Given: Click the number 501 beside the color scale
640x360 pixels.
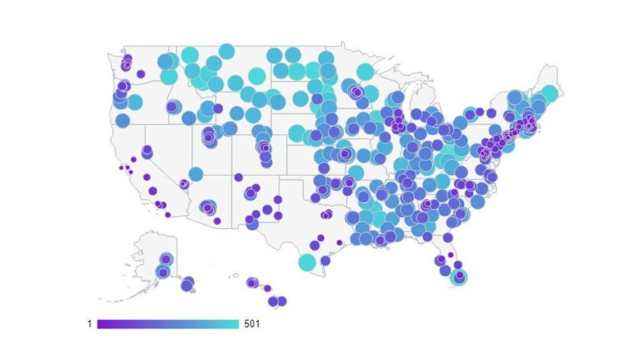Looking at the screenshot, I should tap(252, 324).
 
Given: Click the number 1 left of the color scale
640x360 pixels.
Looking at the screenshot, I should tap(89, 324).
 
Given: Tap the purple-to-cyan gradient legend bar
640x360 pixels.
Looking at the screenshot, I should tap(168, 324).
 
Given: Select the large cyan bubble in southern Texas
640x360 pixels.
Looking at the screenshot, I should tap(307, 262).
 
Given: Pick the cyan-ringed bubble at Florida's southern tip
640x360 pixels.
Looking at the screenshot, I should tap(460, 276).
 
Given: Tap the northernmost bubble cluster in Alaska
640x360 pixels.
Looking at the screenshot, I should tap(166, 259).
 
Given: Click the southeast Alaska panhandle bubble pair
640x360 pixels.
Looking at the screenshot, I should tap(188, 284).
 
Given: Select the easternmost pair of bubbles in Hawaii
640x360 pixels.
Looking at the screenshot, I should tap(277, 302).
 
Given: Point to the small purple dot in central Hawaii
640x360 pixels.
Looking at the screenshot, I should tap(268, 289).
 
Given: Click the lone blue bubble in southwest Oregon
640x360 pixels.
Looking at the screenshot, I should tap(122, 120).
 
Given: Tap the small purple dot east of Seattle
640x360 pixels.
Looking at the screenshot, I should tap(141, 74).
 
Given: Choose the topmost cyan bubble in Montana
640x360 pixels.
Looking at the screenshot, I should tap(226, 51).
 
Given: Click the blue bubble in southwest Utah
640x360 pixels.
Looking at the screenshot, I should tap(195, 174).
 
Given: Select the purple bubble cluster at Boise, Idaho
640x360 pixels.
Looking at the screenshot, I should tap(173, 106).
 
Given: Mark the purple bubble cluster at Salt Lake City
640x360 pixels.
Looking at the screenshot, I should tap(209, 136).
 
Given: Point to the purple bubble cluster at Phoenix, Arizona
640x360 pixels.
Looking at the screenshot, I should tap(208, 207).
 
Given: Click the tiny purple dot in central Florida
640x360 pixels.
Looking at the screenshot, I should tap(450, 254).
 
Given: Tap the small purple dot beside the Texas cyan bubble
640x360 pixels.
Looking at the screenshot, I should tap(326, 261).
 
